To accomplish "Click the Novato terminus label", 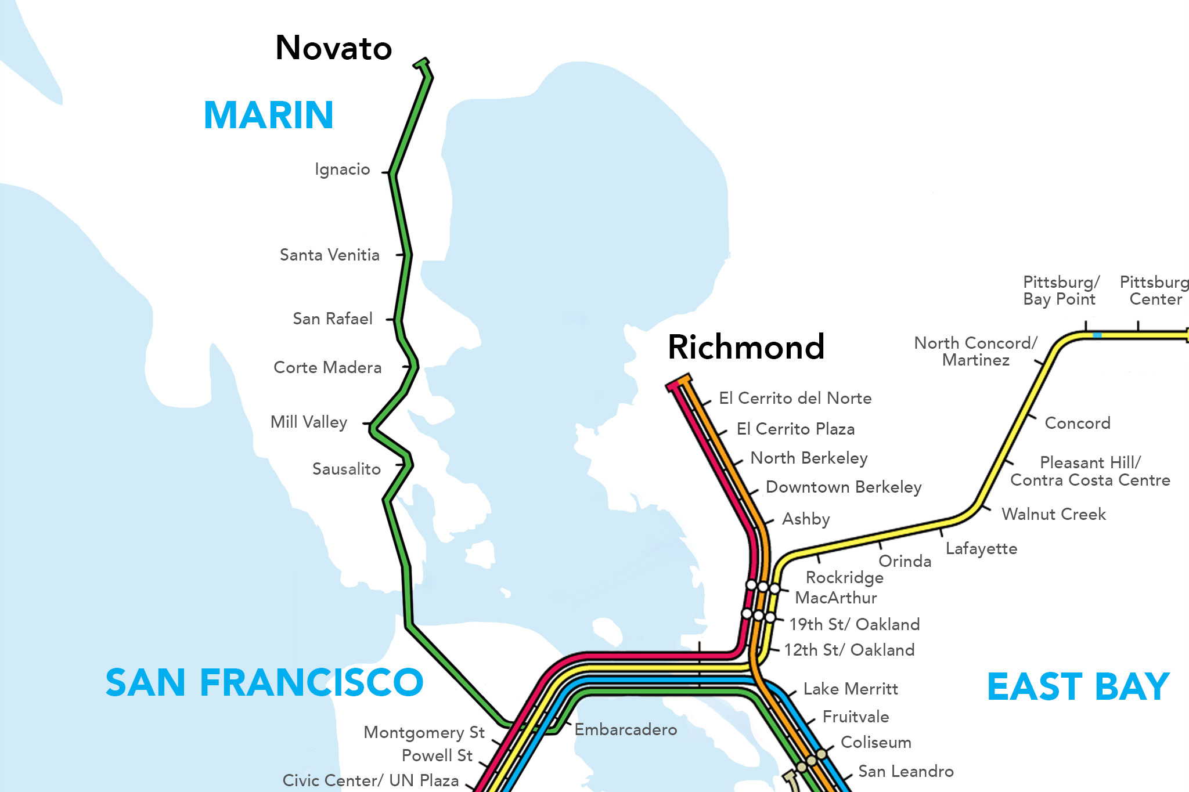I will point(333,48).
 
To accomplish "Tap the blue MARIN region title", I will point(268,115).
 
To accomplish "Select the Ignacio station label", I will point(342,169).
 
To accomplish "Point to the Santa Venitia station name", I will point(329,255).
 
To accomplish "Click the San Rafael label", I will point(332,319).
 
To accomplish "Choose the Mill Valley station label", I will point(308,422).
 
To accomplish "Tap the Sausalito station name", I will point(346,469).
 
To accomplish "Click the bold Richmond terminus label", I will point(745,347).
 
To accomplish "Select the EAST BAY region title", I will point(1078,686).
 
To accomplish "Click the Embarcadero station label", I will point(625,729).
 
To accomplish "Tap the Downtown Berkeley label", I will point(843,487).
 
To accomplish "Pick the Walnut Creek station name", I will point(1053,514).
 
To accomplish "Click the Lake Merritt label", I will point(850,689).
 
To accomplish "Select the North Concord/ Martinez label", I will point(975,351).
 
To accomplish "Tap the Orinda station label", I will point(904,561).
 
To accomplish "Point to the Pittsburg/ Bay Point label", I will point(1060,291).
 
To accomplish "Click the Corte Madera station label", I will point(327,367).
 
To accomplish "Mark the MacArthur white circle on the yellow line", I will point(774,588).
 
